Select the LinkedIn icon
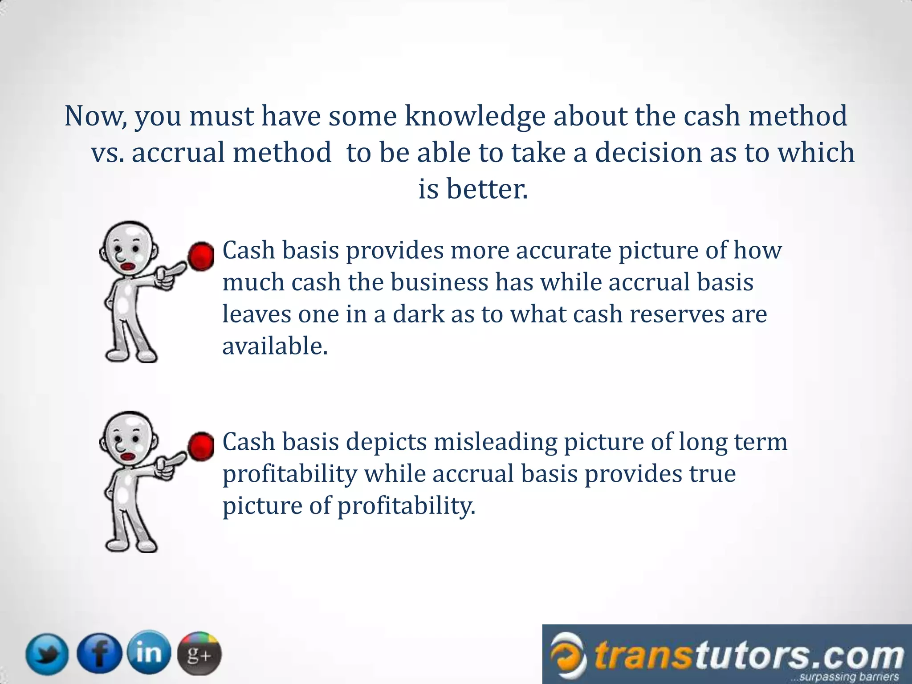coord(149,652)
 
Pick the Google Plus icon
coord(199,654)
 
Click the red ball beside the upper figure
coord(201,256)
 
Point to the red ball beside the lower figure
coord(201,446)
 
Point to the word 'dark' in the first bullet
coord(418,314)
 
